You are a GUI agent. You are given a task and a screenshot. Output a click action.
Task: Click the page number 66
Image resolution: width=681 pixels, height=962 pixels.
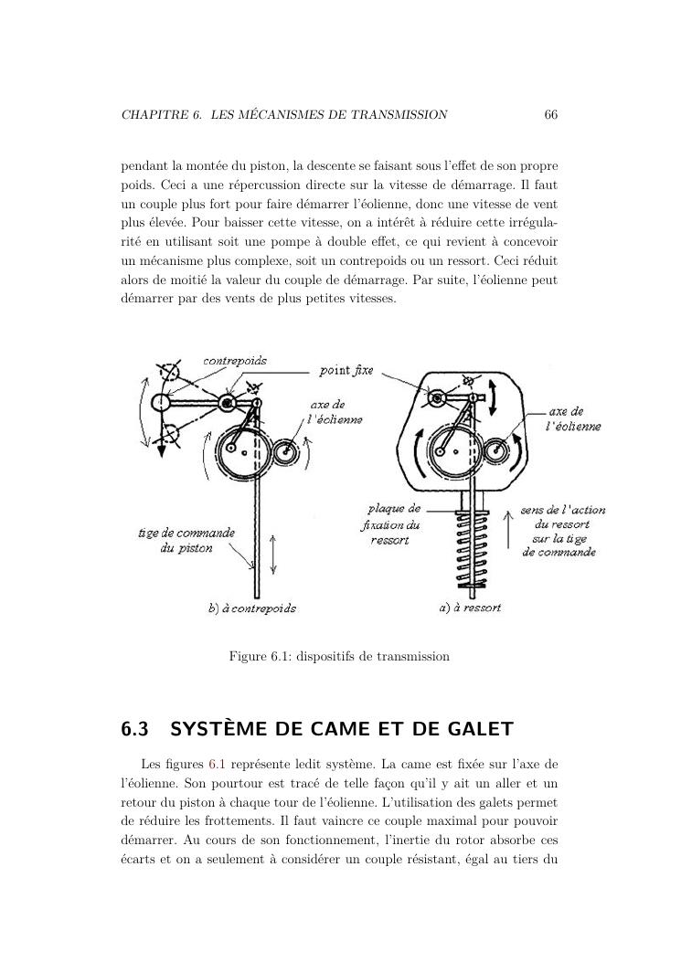pyautogui.click(x=550, y=115)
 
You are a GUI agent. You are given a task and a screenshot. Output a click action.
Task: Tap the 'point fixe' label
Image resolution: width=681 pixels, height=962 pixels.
pyautogui.click(x=346, y=371)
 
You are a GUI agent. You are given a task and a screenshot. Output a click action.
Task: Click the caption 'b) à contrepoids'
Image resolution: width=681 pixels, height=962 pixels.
pyautogui.click(x=252, y=608)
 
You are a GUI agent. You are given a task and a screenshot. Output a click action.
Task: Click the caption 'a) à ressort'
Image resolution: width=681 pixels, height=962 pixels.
pyautogui.click(x=470, y=607)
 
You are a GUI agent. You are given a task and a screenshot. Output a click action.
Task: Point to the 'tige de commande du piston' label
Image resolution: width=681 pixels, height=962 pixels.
pyautogui.click(x=186, y=540)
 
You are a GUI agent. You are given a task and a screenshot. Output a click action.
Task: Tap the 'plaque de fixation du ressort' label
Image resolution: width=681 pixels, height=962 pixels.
pyautogui.click(x=390, y=524)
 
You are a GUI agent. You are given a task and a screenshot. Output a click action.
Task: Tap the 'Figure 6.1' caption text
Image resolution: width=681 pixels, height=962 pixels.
pyautogui.click(x=339, y=656)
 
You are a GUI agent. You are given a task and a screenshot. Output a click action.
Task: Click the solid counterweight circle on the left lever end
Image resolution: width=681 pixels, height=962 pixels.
pyautogui.click(x=160, y=401)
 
